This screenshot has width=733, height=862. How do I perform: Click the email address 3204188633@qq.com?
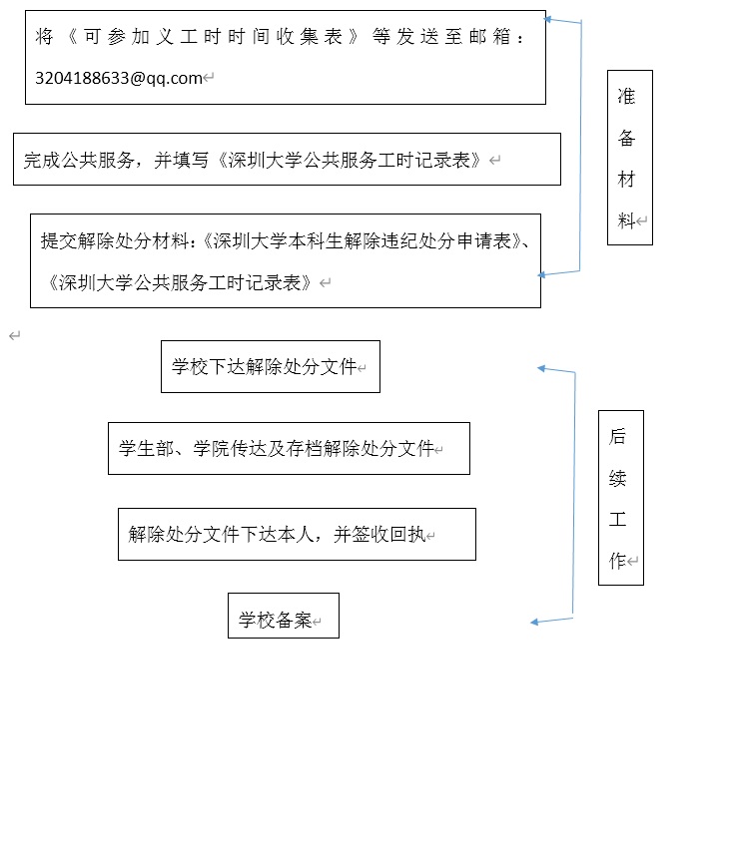pos(118,77)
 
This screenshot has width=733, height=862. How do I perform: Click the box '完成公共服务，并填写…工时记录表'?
pos(287,160)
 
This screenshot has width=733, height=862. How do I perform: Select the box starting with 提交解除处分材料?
pos(285,260)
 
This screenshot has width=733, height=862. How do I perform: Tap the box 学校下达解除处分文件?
pos(270,366)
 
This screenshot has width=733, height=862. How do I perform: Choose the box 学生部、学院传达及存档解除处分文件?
pos(289,448)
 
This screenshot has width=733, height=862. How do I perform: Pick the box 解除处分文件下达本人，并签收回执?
pos(297,534)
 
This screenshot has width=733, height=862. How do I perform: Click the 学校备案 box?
pos(283,616)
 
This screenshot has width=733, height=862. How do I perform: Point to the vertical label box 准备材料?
pos(629,158)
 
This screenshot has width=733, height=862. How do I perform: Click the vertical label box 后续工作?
pos(620,497)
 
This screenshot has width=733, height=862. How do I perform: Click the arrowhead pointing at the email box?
pos(548,19)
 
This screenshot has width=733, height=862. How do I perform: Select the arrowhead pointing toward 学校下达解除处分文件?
pos(542,368)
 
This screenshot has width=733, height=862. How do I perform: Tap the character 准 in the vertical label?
pos(626,97)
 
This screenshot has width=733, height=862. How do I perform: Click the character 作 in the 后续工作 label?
pos(618,561)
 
